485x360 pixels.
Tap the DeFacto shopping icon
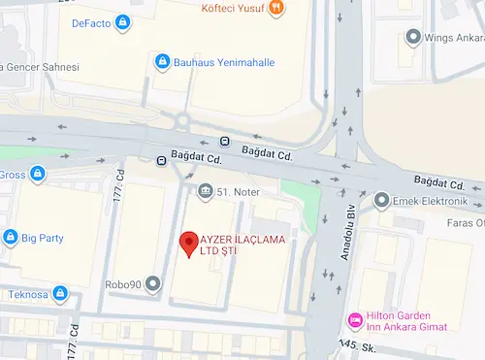122,21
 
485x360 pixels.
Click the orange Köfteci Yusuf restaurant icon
276,8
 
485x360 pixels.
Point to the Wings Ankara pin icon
413,37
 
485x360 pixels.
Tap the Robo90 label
123,285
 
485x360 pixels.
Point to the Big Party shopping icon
10,236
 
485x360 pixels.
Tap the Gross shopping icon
37,175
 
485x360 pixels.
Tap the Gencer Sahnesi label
40,67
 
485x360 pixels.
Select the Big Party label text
44,236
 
